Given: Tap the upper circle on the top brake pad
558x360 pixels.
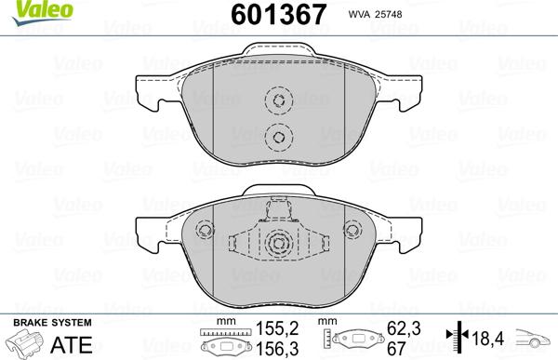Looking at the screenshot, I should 277,101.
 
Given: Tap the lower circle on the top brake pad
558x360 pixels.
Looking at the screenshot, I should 277,137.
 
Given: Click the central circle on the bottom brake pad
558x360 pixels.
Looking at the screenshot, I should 277,245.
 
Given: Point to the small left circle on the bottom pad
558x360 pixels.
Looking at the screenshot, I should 205,230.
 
